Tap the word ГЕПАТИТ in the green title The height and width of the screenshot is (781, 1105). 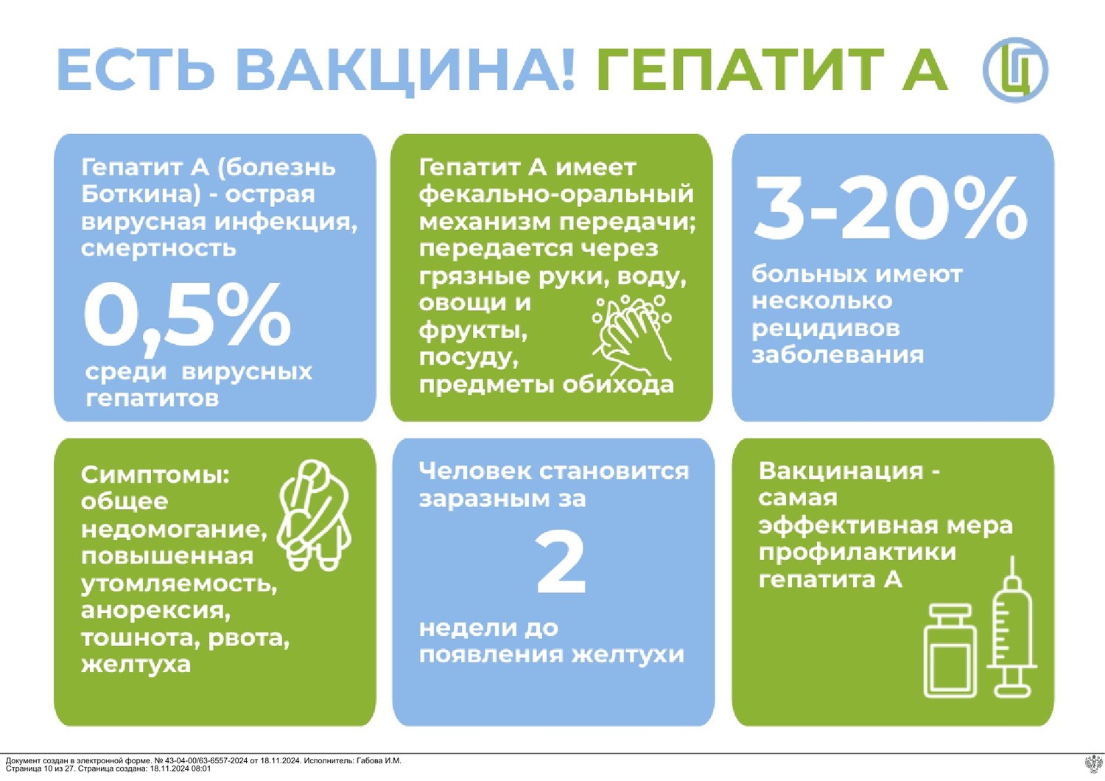pyautogui.click(x=740, y=69)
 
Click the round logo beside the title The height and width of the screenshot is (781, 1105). pyautogui.click(x=1015, y=69)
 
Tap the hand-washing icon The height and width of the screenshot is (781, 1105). pyautogui.click(x=632, y=335)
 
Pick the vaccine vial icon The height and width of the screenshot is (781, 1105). pyautogui.click(x=950, y=651)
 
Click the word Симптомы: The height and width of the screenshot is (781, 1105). pyautogui.click(x=155, y=476)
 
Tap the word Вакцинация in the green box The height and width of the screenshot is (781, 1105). pyautogui.click(x=841, y=471)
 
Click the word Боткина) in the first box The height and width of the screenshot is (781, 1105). pyautogui.click(x=141, y=195)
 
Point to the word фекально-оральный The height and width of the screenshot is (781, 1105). pyautogui.click(x=556, y=195)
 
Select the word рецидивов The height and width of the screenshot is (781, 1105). pyautogui.click(x=826, y=329)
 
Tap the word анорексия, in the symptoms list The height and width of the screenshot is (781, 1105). pyautogui.click(x=156, y=612)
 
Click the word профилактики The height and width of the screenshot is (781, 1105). pyautogui.click(x=857, y=553)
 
